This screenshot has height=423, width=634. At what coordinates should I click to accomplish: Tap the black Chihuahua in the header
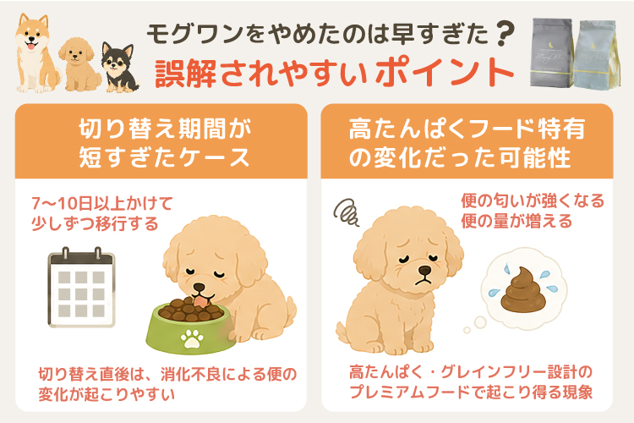tap(120, 67)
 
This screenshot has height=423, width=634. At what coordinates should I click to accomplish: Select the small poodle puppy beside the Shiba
tap(79, 65)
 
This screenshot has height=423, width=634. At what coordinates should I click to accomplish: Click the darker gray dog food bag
tap(552, 52)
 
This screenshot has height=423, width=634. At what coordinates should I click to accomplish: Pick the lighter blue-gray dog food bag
tap(597, 55)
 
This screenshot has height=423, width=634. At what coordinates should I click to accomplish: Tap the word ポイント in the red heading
tap(445, 73)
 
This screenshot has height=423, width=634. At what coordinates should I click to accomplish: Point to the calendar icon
tap(81, 287)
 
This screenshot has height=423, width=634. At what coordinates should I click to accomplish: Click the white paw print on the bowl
tap(193, 338)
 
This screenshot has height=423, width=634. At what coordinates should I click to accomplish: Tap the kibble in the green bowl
tap(190, 310)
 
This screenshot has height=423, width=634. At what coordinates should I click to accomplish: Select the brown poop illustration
tap(523, 290)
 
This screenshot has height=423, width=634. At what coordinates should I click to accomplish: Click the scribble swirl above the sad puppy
tap(346, 212)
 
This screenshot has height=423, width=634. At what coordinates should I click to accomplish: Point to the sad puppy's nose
tap(424, 270)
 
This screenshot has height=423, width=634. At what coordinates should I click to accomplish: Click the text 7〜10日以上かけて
tap(102, 203)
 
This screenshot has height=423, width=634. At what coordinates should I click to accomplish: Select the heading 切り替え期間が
tap(166, 129)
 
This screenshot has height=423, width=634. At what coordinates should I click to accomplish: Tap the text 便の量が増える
tap(516, 222)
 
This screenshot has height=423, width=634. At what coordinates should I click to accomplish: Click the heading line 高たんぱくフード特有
tap(467, 129)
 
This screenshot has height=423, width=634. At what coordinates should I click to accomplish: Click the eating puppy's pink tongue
tap(200, 301)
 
